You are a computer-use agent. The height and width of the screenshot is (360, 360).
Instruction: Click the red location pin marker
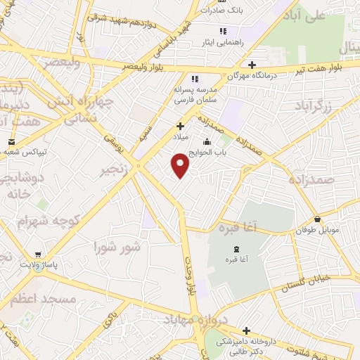tap(181, 166)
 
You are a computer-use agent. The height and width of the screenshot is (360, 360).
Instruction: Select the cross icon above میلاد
tap(181, 126)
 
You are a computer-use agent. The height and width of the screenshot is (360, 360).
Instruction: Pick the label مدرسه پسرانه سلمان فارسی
tap(196, 96)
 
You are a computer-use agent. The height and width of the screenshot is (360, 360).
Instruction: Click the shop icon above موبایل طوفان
tap(318, 219)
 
